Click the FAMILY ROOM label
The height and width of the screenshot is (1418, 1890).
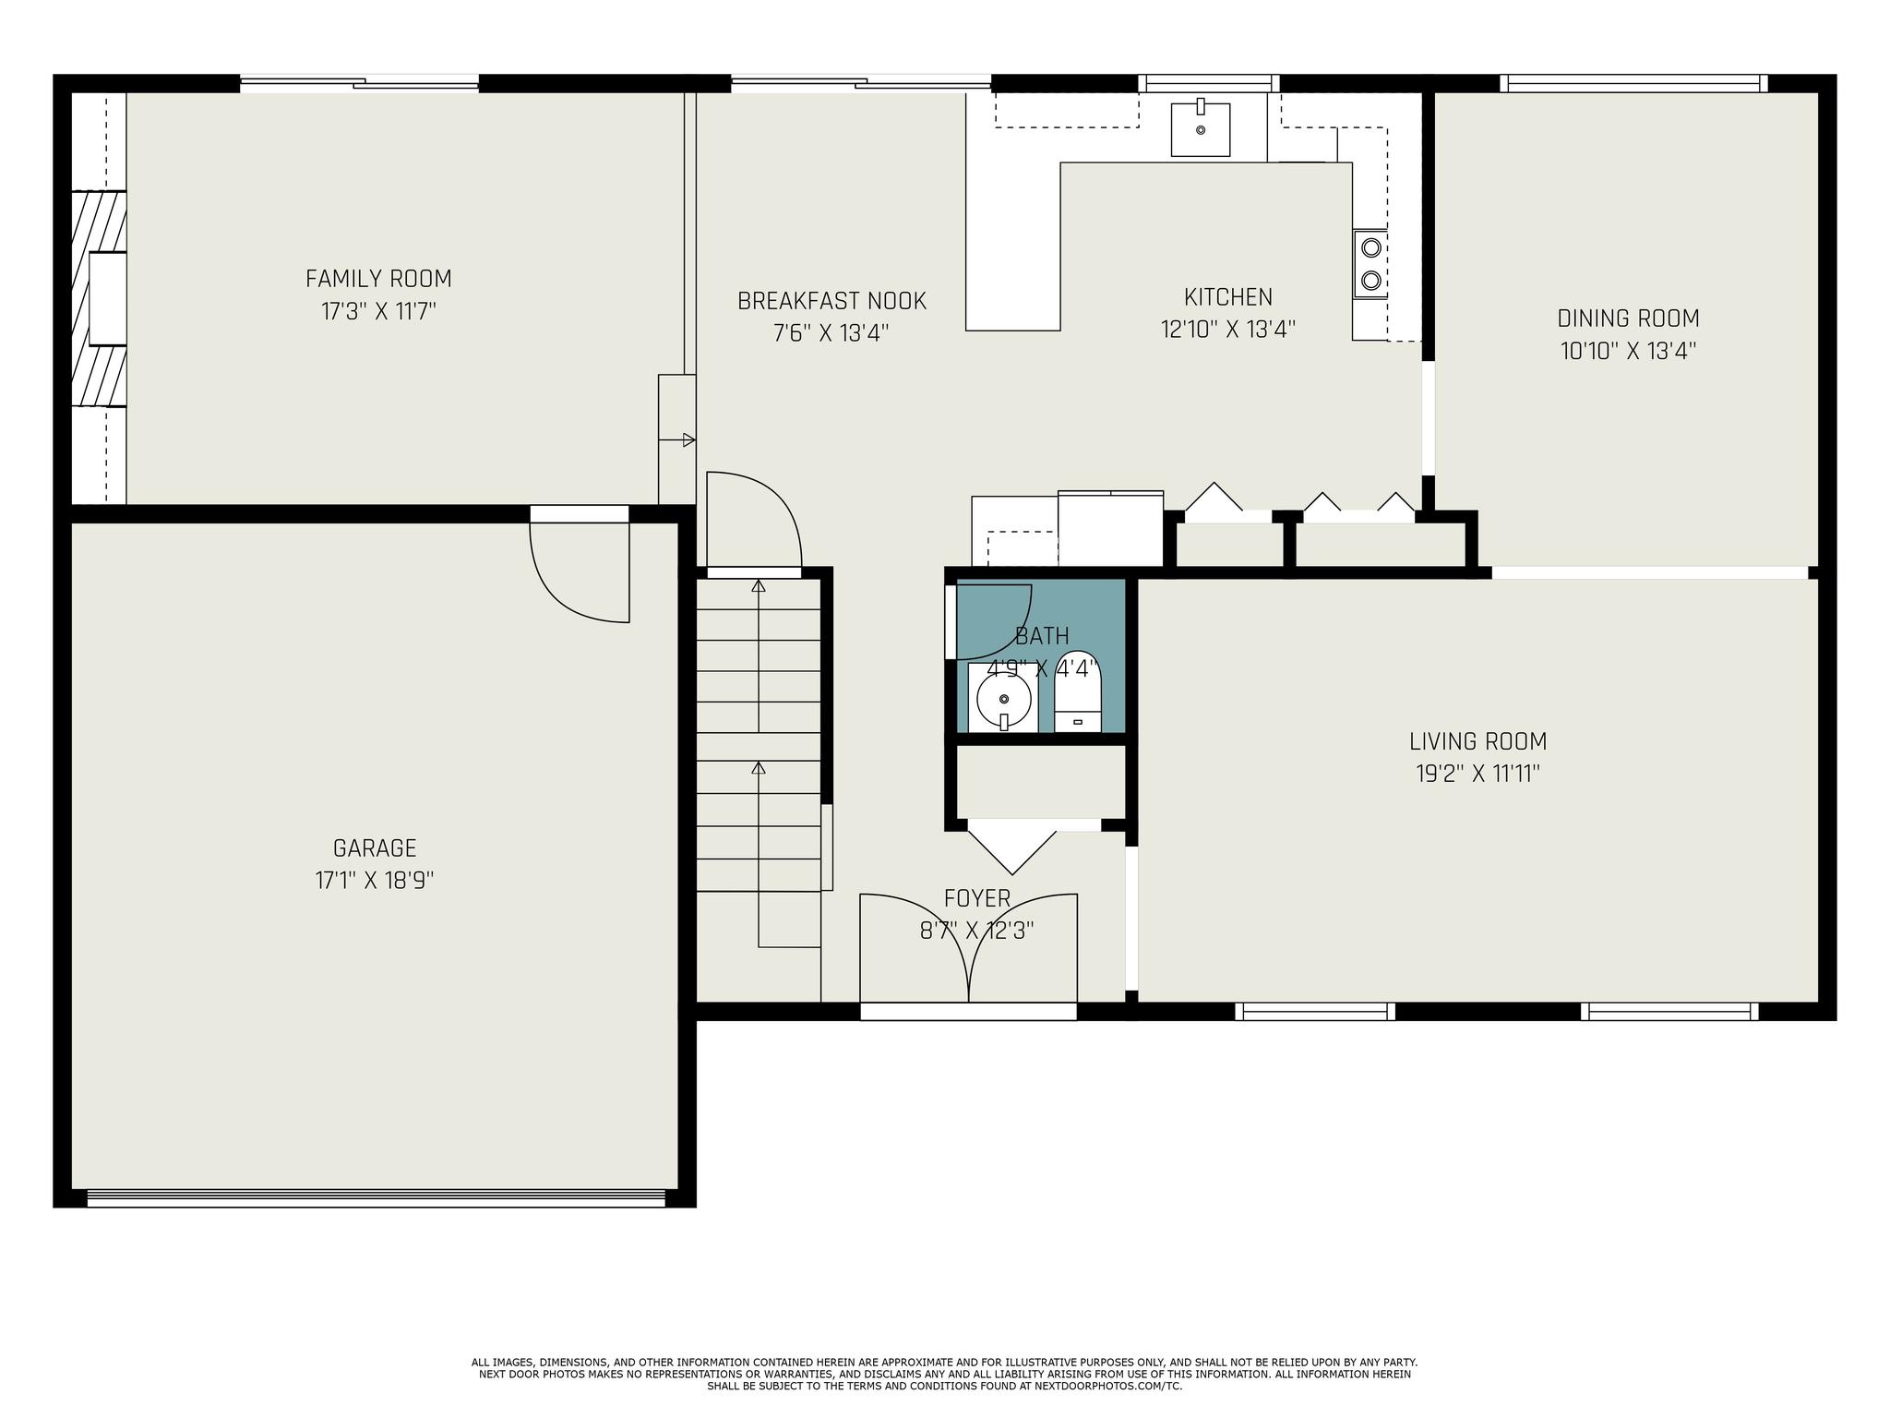pos(378,278)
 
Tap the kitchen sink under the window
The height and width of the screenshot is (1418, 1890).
pos(1201,129)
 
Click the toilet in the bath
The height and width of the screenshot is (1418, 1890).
pos(1078,691)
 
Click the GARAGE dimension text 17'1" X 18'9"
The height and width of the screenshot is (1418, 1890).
pos(375,880)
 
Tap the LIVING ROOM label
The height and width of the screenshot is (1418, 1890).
pos(1477,741)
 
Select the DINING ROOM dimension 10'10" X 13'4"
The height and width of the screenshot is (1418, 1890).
pos(1629,351)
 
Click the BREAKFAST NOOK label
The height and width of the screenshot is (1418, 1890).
pos(831,301)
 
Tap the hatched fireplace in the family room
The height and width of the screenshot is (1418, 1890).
pos(100,298)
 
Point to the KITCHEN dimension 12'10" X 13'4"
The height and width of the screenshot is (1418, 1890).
pos(1228,330)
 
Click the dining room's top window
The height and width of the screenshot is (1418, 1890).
pos(1633,83)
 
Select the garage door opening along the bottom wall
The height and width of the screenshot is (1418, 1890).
pos(376,1198)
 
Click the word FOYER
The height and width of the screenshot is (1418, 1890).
pos(977,898)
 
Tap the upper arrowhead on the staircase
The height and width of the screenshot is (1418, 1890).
pos(759,585)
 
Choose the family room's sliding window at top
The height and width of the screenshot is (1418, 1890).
pos(360,83)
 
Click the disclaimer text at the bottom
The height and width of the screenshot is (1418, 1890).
pos(944,1374)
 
